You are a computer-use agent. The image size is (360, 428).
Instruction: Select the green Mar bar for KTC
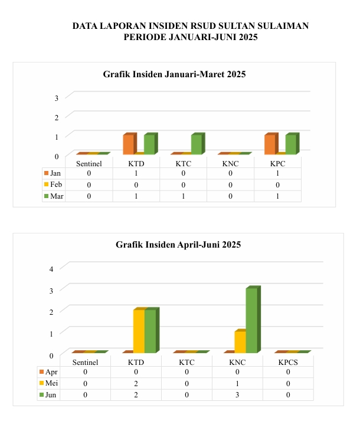(x=197, y=144)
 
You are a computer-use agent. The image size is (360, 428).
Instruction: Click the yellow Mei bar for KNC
(x=239, y=342)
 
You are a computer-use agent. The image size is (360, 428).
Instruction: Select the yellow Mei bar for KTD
(x=139, y=331)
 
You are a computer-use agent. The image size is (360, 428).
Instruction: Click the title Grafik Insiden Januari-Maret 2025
(x=174, y=74)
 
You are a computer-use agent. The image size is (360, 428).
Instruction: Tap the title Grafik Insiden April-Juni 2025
(x=178, y=244)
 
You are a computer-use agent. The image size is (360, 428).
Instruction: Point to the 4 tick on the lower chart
(x=51, y=268)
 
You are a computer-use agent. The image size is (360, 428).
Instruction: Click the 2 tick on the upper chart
(x=57, y=117)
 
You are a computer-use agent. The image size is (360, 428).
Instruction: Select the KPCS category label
(x=288, y=362)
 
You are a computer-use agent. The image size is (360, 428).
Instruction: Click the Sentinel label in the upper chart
(x=89, y=163)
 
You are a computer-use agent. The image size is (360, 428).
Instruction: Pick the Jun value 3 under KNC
(x=237, y=394)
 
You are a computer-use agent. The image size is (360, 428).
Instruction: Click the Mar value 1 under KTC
(x=183, y=196)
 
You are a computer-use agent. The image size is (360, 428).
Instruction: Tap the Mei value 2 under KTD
(x=136, y=383)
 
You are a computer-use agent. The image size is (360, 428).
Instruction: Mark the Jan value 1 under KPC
(x=277, y=173)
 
